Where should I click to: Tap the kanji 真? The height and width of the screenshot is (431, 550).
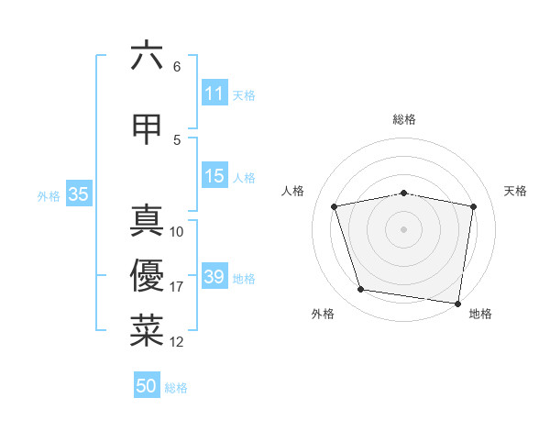point(147,221)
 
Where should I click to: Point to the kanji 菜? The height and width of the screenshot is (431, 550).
point(147,331)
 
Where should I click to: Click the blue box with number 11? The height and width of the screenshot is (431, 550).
point(214,94)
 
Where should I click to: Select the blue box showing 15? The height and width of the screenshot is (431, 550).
point(214,176)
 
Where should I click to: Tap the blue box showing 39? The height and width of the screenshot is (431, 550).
point(214,277)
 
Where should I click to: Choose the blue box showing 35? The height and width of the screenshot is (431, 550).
point(78,194)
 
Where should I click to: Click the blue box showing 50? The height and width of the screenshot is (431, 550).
point(147,386)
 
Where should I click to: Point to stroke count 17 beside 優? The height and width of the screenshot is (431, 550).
point(177,287)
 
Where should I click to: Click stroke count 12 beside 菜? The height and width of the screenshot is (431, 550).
point(177,342)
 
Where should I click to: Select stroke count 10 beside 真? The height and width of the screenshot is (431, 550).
point(177,232)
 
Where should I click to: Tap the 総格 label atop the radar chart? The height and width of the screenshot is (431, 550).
point(404,119)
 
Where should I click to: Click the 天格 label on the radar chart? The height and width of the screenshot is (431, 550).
point(515,191)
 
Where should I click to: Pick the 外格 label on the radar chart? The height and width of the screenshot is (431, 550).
point(323,314)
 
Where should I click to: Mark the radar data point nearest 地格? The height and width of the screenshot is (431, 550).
point(458,303)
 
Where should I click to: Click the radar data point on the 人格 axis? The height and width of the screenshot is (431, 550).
point(335,206)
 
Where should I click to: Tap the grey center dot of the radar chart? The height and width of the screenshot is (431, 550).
point(404,228)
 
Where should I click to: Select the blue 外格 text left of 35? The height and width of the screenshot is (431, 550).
point(49,195)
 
